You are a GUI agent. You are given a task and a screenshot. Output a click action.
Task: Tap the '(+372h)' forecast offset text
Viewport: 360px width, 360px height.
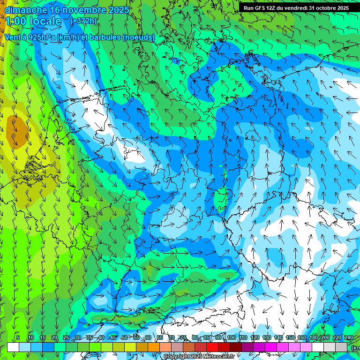(x=83, y=21)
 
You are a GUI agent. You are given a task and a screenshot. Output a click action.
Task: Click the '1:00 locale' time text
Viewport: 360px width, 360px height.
(x=33, y=21)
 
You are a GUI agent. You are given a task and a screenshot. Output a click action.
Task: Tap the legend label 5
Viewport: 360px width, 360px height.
(x=18, y=337)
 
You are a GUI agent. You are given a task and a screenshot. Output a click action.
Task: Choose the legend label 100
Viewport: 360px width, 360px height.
(x=231, y=337)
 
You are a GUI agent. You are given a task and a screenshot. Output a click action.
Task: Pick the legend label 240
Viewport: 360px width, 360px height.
(x=349, y=337)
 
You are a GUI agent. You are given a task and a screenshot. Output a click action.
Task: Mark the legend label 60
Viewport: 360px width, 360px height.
(x=148, y=337)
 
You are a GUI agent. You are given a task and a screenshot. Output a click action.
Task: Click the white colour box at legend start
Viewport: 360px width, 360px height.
(x=13, y=347)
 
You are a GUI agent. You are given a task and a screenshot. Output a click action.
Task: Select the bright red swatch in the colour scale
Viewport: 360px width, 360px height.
(x=212, y=347)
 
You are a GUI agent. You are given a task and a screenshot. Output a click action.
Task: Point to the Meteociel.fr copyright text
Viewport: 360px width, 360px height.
(x=199, y=357)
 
